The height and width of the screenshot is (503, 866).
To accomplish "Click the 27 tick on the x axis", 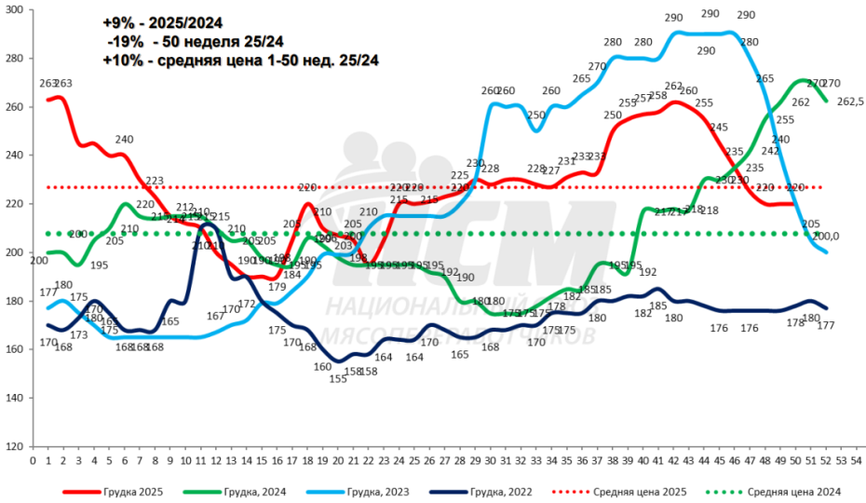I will (445, 460).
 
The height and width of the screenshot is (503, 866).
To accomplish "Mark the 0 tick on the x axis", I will (34, 460).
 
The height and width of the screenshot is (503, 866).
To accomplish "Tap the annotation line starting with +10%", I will (241, 61).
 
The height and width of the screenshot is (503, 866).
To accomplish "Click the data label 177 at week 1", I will (48, 292).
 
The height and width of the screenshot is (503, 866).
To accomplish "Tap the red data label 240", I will (125, 140).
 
